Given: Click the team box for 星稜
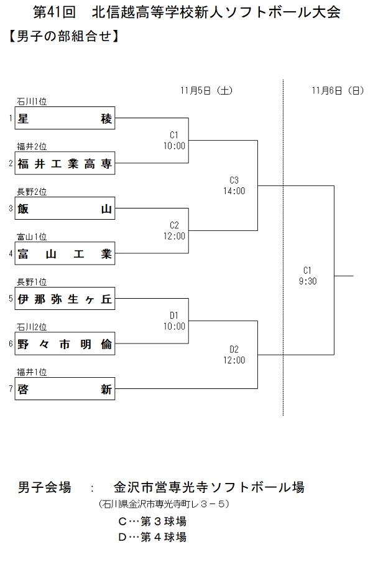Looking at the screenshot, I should [x=65, y=118].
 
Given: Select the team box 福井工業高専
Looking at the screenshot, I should [x=65, y=164].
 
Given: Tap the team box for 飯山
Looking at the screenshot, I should [x=65, y=208].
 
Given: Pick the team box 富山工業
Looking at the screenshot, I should [x=65, y=254].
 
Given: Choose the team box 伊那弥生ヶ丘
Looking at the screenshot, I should [x=65, y=299].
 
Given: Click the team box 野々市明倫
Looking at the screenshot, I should [x=65, y=344].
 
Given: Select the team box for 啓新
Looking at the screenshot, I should [x=65, y=390].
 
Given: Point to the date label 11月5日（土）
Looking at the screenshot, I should [x=207, y=90].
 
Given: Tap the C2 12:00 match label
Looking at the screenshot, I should [x=174, y=231].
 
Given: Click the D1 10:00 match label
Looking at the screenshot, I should [x=174, y=321].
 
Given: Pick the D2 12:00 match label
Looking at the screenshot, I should [x=234, y=355].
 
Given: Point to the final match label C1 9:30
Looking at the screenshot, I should [x=307, y=276].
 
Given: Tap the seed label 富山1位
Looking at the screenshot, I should [x=32, y=237].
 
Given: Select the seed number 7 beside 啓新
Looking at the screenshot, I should [x=11, y=390].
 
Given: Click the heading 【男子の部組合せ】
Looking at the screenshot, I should [x=63, y=37].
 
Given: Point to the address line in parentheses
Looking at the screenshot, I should [x=163, y=503].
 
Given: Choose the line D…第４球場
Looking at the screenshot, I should [x=152, y=536].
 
